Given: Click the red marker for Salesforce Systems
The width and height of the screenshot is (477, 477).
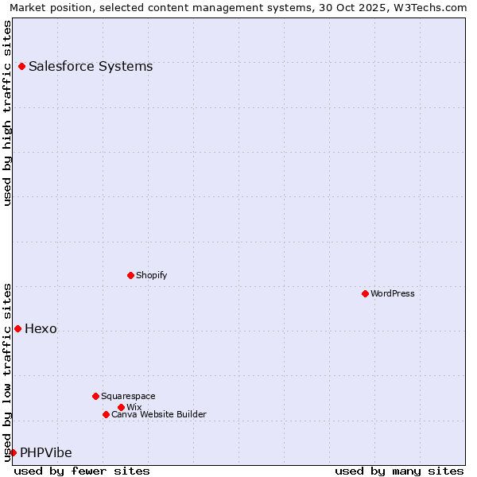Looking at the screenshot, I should (21, 67).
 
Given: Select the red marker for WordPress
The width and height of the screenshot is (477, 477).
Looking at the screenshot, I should (365, 294).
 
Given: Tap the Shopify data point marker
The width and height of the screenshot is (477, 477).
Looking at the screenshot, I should (130, 276).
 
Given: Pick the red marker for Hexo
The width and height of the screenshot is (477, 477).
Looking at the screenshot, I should (17, 329).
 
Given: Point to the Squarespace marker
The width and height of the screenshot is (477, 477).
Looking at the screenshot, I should (95, 396).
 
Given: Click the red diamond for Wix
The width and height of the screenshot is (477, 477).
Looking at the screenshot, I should (121, 407).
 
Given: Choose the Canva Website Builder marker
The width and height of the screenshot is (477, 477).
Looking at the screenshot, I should (106, 414).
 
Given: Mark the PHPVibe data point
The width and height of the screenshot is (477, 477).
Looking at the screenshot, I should (13, 453).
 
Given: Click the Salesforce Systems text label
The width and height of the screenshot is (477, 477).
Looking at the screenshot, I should (91, 67).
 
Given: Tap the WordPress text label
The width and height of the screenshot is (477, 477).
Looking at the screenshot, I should (393, 293).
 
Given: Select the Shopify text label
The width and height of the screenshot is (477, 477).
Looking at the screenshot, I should (151, 275).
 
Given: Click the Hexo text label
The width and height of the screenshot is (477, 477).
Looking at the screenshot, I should (41, 329).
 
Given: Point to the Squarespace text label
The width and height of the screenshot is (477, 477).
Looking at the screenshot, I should (128, 396).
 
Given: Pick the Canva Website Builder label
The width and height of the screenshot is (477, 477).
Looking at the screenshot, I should (159, 414).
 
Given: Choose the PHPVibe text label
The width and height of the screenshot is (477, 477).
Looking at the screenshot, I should (46, 453).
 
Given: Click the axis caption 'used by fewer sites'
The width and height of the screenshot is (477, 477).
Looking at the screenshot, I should (82, 471).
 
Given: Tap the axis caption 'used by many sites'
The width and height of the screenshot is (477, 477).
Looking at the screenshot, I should (399, 471).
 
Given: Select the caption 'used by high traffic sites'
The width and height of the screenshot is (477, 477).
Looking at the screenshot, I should (8, 113).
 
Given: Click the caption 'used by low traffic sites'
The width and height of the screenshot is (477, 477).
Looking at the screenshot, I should (8, 371).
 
